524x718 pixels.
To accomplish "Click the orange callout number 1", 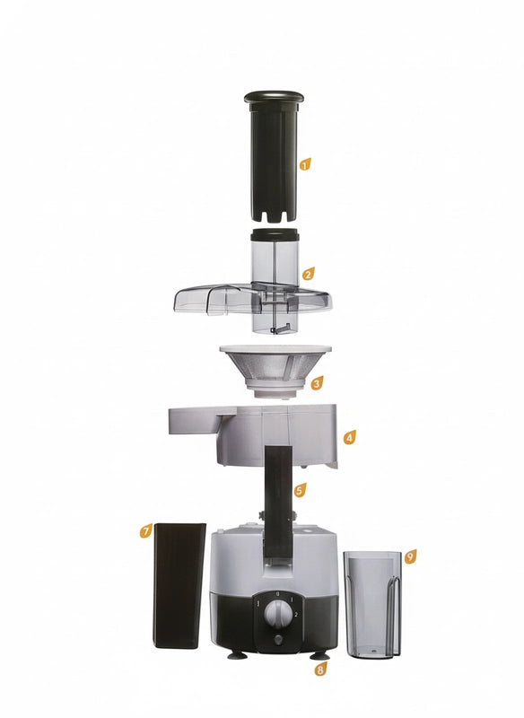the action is (x=305, y=164).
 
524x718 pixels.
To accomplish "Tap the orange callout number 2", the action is (x=308, y=274).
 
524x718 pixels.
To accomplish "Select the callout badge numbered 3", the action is (x=316, y=383).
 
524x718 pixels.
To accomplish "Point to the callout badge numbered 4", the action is (x=350, y=437).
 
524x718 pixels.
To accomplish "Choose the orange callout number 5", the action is (x=300, y=490).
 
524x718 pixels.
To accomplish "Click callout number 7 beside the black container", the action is (x=145, y=531).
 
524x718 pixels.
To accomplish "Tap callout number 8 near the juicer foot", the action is (x=320, y=670).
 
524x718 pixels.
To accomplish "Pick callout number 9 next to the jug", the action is (x=410, y=556).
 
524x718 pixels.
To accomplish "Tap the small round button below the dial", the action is (x=278, y=640).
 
